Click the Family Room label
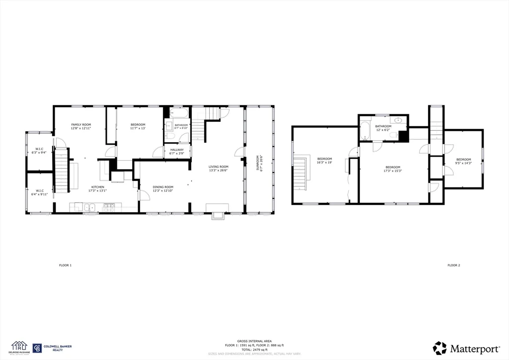pos(81,124)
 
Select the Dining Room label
pos(163,187)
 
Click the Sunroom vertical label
pos(257,163)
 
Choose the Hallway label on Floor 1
pos(177,150)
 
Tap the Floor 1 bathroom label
pos(181,125)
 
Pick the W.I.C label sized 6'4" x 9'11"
pos(39,191)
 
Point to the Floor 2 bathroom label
pos(383,126)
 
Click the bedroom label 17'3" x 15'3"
pos(393,167)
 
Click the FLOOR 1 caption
pos(65,266)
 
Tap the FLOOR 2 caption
pos(453,266)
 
